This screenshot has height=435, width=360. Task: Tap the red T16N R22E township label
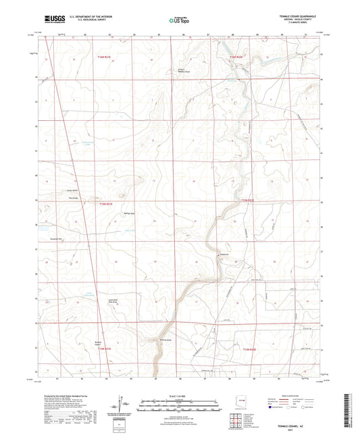[x=235, y=57]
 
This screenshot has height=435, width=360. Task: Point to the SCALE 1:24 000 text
[x=179, y=395]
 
